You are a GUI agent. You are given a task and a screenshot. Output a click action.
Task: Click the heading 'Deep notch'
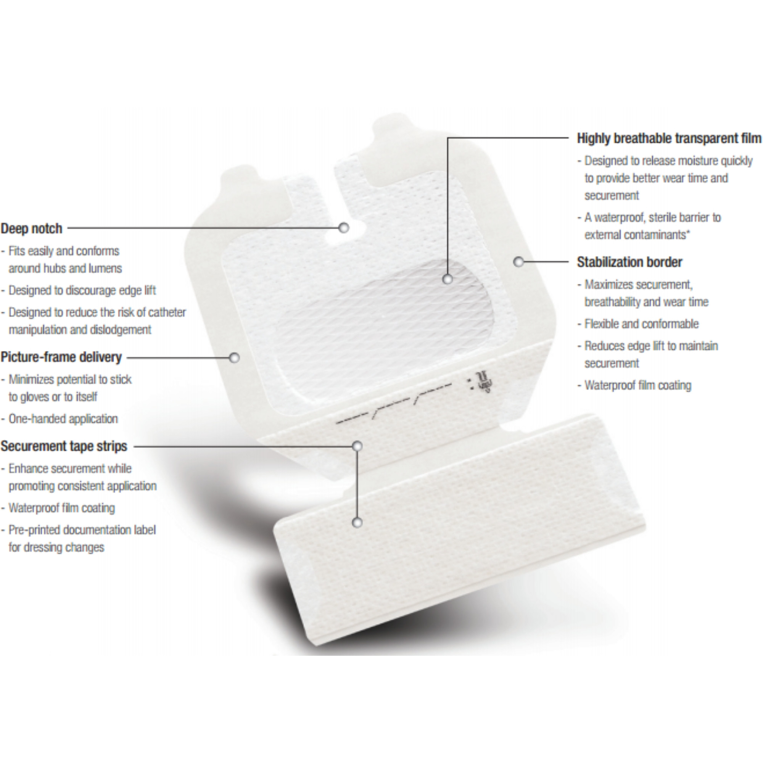click(x=32, y=229)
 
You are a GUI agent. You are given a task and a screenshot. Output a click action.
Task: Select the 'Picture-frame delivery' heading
click(x=61, y=357)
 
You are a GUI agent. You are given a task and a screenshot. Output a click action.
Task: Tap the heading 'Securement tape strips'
click(x=64, y=446)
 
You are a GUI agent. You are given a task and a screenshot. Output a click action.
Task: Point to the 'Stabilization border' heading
click(x=629, y=262)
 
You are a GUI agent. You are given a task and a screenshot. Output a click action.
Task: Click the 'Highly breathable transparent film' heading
click(x=669, y=138)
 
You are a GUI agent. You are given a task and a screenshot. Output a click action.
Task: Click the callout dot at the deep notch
click(x=344, y=227)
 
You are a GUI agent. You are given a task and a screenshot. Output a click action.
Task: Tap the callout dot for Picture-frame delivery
click(x=235, y=358)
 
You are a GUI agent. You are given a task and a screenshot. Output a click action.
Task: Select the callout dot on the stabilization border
click(x=519, y=261)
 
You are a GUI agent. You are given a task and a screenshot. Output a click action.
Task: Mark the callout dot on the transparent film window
click(x=447, y=279)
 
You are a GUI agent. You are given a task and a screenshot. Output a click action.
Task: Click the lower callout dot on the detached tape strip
click(x=357, y=523)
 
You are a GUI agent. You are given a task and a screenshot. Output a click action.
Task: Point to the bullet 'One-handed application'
click(x=63, y=419)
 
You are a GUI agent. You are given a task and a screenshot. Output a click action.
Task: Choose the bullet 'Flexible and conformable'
click(x=641, y=324)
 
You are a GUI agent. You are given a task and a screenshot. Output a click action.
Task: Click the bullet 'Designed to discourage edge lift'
click(x=82, y=290)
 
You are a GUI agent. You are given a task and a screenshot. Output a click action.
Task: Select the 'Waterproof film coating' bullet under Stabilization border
click(x=638, y=385)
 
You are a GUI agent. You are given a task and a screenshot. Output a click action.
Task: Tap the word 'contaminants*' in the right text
click(x=637, y=235)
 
